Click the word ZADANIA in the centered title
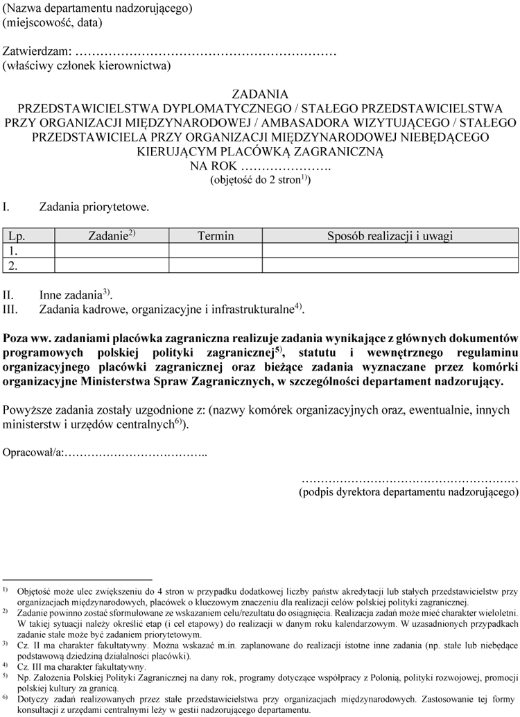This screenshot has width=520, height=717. tap(260, 94)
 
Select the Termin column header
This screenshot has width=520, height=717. tap(216, 236)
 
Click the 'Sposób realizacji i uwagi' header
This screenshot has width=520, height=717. tap(390, 236)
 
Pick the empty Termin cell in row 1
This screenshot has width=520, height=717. tap(216, 251)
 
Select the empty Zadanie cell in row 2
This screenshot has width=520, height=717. tap(112, 265)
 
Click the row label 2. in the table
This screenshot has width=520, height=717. tap(12, 265)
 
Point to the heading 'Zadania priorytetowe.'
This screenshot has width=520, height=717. tap(94, 207)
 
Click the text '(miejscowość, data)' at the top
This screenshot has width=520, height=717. tap(53, 22)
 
